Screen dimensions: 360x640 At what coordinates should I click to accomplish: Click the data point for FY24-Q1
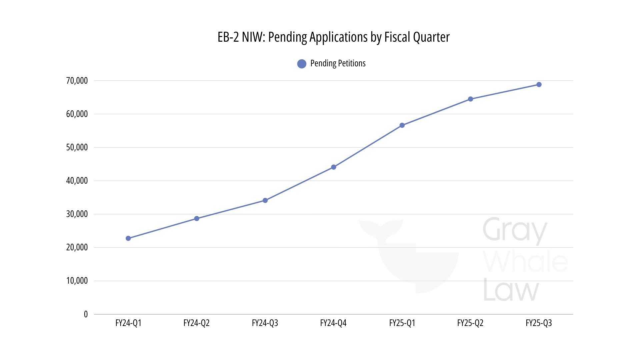pos(128,238)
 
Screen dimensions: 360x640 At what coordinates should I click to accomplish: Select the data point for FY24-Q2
pos(197,219)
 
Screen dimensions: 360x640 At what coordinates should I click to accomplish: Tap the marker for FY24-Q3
pos(265,200)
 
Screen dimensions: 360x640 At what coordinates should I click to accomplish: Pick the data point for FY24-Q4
pos(334,167)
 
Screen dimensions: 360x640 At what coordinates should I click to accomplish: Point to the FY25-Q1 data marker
pos(402,125)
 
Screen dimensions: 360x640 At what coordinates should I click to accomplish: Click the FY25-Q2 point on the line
pos(470,99)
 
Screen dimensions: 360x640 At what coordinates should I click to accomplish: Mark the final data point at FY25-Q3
pos(539,85)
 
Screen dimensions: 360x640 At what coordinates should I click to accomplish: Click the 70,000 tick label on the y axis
pos(77,81)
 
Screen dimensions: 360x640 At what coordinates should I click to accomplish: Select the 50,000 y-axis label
pos(77,147)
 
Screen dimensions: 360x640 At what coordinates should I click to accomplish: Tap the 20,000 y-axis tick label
pos(77,247)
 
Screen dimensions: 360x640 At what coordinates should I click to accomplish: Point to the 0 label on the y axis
pos(86,314)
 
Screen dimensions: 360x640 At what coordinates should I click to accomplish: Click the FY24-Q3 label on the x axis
pos(265,323)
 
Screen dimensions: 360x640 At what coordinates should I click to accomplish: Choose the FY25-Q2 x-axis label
pos(470,323)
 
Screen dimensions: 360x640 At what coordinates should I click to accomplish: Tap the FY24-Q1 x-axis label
pos(128,323)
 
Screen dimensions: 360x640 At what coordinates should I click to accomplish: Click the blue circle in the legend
pos(302,64)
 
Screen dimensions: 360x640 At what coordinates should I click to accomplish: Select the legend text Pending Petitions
pos(338,63)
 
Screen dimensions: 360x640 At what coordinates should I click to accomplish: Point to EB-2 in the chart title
pos(228,37)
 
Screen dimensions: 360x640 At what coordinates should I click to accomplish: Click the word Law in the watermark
pos(511,290)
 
